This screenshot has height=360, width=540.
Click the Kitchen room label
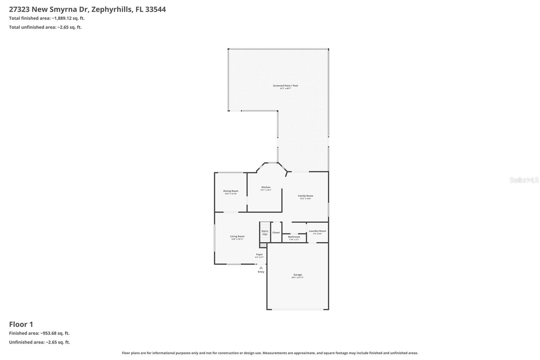point(266,187)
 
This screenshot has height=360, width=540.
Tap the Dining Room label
point(231,191)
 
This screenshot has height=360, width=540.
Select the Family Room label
point(305,196)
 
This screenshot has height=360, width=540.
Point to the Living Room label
point(237,236)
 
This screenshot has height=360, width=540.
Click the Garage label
point(298,275)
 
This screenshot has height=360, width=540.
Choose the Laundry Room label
point(317,231)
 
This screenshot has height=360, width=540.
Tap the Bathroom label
point(294,237)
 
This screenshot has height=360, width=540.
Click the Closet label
point(276,233)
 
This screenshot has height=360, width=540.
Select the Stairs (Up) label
point(265,233)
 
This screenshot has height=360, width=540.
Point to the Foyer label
point(259,255)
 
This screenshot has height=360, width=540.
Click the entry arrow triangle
point(261,267)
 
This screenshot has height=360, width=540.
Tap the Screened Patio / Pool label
point(286,86)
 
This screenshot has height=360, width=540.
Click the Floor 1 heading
point(21,324)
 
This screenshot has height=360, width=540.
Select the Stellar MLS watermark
point(524,180)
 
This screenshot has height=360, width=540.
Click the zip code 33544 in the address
point(156,9)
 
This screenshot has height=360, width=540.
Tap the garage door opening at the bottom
point(298,309)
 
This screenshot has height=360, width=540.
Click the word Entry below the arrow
point(261,272)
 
